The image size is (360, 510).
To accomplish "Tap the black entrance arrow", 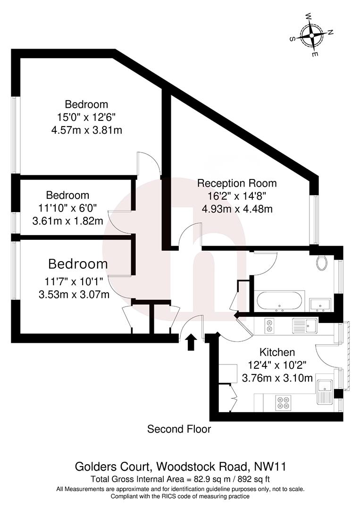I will click(x=191, y=342).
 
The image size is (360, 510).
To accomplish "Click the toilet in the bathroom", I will click(x=322, y=263).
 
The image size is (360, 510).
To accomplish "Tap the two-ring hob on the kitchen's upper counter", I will click(x=269, y=325).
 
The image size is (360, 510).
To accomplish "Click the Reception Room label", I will click(x=237, y=183).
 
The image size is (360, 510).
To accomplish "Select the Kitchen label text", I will click(x=277, y=352).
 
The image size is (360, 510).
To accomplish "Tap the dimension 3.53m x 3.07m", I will click(x=74, y=295).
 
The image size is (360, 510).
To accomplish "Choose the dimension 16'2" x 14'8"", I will click(x=237, y=196).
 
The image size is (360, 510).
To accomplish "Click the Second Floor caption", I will click(x=179, y=429).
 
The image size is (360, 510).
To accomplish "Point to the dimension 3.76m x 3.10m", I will click(x=277, y=378).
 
